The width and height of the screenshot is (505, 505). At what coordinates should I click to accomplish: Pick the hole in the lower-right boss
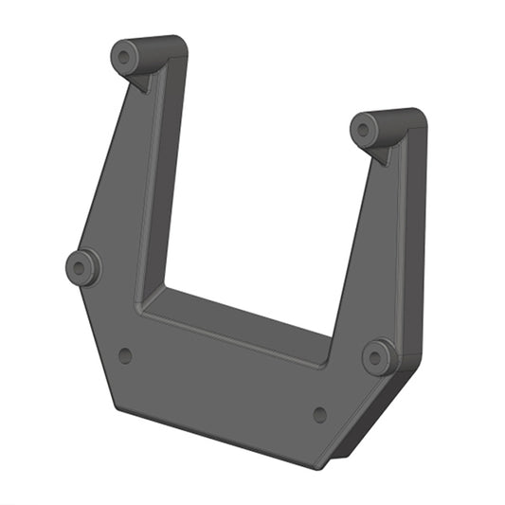pyautogui.click(x=378, y=357)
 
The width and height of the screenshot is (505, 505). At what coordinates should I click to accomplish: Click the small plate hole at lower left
pyautogui.click(x=124, y=355)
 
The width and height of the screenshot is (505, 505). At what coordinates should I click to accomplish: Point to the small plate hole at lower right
pyautogui.click(x=319, y=414)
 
